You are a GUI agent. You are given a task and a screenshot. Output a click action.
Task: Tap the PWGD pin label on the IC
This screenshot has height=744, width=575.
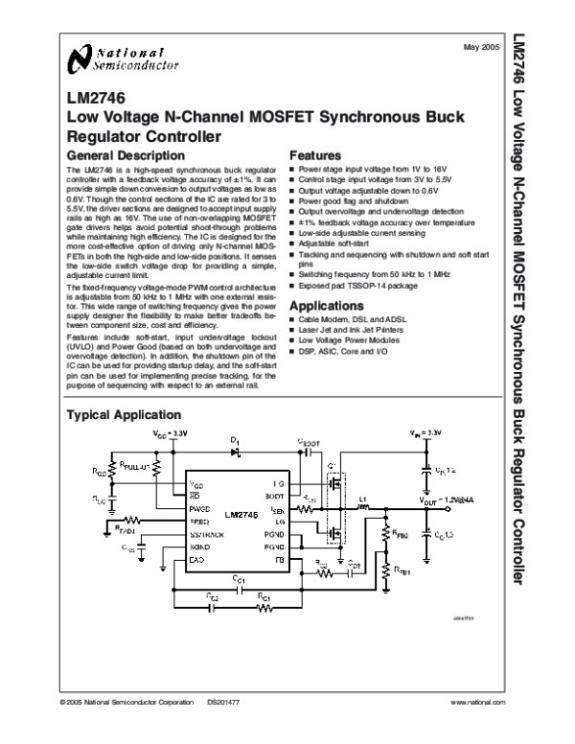coord(201,508)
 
